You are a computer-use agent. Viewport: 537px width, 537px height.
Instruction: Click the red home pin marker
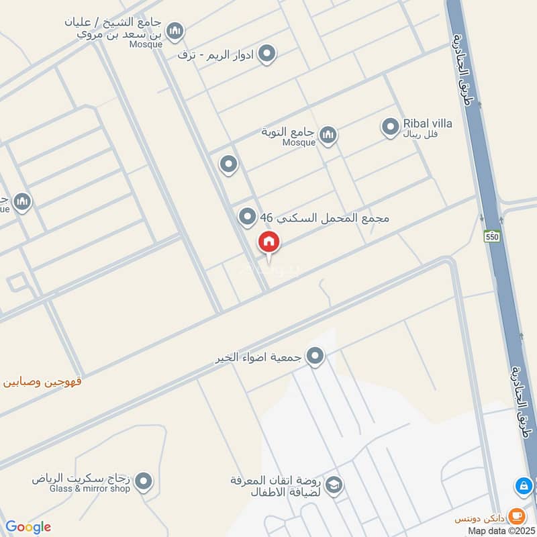coord(269,243)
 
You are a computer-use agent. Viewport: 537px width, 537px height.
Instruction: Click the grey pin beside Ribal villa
coord(390,126)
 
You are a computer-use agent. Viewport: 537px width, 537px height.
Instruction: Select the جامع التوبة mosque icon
coord(328,136)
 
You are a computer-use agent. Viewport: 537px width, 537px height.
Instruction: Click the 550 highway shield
coord(493,236)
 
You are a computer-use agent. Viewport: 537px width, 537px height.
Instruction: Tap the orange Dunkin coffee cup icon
coord(516,516)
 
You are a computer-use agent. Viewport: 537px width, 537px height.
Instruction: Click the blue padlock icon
coord(523,485)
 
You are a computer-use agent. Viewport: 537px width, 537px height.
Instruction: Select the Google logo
coord(28,527)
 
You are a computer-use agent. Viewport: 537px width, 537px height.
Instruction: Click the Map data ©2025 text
coord(500,530)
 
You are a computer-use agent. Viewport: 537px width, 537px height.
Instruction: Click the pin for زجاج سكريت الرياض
coord(143,481)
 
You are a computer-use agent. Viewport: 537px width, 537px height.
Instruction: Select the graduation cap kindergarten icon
coord(334,485)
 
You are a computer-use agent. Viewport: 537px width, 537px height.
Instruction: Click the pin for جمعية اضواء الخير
coord(315,356)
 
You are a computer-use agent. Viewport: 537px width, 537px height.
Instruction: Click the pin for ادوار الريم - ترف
coord(267,54)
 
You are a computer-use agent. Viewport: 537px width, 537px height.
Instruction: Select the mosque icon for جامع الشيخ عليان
coord(175,31)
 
